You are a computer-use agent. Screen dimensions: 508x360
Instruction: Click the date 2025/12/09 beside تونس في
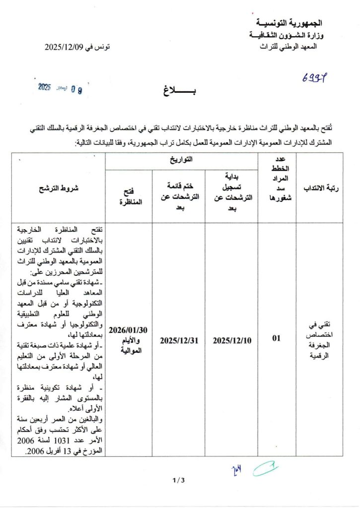pyautogui.click(x=63, y=47)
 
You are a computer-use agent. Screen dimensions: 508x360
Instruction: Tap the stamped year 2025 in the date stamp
pyautogui.click(x=45, y=87)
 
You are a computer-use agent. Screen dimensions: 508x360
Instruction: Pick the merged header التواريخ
pyautogui.click(x=181, y=160)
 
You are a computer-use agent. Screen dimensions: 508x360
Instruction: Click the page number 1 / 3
pyautogui.click(x=178, y=480)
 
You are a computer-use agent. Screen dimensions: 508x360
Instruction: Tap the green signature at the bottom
pyautogui.click(x=265, y=468)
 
